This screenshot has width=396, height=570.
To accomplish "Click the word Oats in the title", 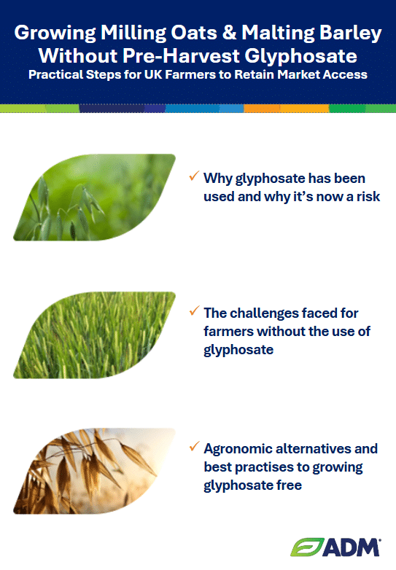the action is click(x=194, y=32).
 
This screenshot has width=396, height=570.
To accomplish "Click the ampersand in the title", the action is click(x=229, y=32).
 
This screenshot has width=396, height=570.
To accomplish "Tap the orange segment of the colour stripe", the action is click(x=286, y=109).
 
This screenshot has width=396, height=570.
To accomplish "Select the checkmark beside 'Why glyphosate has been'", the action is click(x=194, y=176).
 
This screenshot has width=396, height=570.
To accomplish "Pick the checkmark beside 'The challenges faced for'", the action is click(x=194, y=311).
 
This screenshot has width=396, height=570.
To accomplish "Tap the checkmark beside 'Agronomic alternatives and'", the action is click(x=194, y=446).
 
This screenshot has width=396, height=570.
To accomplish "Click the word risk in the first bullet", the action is click(x=368, y=197).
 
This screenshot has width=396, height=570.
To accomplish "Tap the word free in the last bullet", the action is click(x=289, y=485).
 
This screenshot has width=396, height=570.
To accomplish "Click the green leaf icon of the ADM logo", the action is click(x=307, y=547).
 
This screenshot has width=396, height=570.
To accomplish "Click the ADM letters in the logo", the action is click(x=352, y=547).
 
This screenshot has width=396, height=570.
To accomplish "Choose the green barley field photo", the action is click(x=95, y=335).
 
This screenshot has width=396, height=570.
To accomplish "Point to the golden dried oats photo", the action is click(x=95, y=471).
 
